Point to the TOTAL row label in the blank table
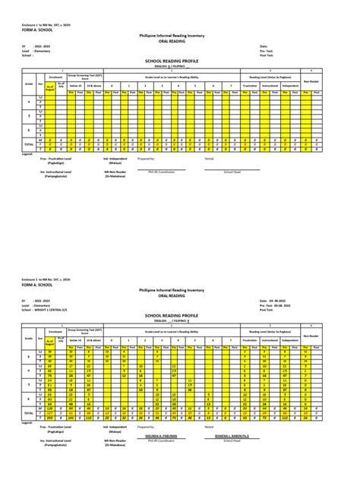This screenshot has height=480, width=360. click(29, 144)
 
